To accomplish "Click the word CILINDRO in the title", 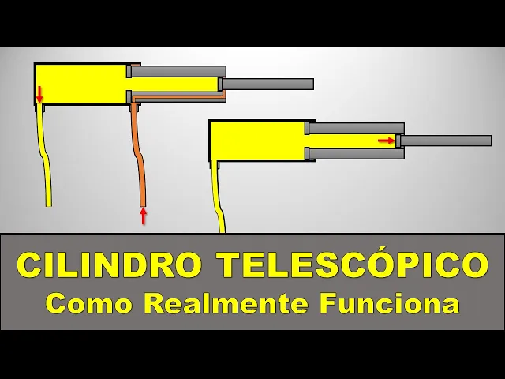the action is click(x=109, y=265).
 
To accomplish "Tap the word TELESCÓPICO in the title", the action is click(x=352, y=265).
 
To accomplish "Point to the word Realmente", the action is click(x=224, y=302).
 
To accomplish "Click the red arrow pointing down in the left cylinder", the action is click(x=39, y=94).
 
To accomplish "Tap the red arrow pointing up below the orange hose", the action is click(x=143, y=216).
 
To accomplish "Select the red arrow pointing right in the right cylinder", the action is click(x=386, y=141).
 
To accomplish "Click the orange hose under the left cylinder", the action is click(x=139, y=158).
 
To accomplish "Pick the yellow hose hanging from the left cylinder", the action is click(x=46, y=158).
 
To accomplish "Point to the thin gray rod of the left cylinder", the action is click(x=268, y=84).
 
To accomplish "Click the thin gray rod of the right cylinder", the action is click(x=447, y=141).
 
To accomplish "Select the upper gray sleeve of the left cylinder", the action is click(x=178, y=71).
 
